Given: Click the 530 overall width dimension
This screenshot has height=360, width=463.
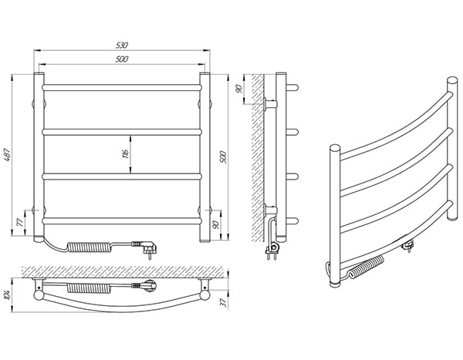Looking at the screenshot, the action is (122, 45).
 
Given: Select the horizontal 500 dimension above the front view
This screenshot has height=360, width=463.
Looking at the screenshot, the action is (122, 59).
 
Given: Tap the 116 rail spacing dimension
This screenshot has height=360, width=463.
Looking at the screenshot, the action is (125, 153).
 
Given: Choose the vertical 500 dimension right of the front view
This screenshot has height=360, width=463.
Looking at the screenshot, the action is (223, 157).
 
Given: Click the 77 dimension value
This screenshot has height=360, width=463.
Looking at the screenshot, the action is (20, 223).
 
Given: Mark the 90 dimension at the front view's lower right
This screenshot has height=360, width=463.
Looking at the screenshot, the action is (216, 224).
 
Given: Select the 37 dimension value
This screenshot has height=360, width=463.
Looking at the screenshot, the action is (224, 303).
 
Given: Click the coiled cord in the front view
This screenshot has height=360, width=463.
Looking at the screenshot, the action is (90, 247).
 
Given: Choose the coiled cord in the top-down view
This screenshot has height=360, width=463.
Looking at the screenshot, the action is (90, 288).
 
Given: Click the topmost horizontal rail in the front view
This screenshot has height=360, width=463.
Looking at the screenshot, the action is (122, 87).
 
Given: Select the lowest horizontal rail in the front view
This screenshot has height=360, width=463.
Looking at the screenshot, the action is (122, 220).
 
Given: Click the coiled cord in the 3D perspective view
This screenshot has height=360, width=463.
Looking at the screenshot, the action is (366, 267).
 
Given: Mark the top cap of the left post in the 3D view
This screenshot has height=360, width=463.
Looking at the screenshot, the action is (335, 147).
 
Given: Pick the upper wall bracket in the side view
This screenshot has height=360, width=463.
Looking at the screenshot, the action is (269, 104).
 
